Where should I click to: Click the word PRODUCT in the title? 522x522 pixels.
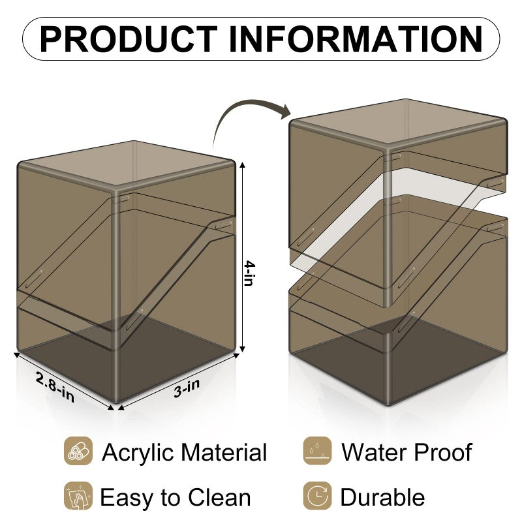pos(129,39)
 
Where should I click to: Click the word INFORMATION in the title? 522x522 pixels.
pos(356,39)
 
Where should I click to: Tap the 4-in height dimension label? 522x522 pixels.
pos(249,273)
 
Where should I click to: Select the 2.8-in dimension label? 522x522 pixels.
pos(55,387)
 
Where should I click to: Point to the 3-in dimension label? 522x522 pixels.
pos(187,388)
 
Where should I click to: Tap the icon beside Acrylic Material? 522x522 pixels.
pos(78,451)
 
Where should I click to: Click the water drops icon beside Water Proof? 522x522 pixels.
pos(317,451)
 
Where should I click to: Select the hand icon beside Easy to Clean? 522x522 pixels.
pos(78,496)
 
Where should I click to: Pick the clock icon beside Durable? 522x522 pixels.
pos(317,496)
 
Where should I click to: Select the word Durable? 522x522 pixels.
pos(382,497)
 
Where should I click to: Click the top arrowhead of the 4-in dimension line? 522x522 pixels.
pos(243,165)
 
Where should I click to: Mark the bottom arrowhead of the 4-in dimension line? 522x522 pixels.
pos(243,348)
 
